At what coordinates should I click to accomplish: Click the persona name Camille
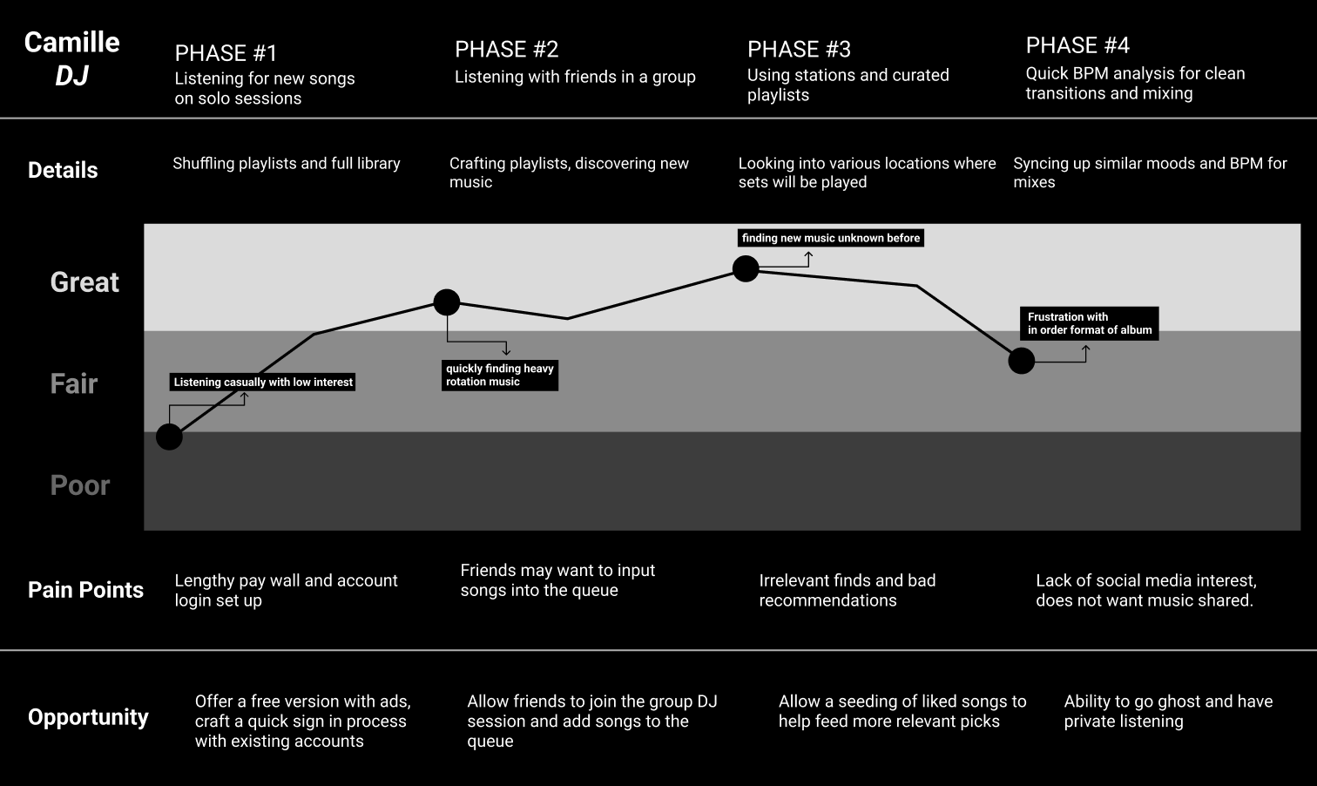click(72, 42)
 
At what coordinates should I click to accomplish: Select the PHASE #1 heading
click(226, 53)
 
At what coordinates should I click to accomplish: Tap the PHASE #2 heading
click(506, 50)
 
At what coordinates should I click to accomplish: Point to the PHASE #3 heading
click(799, 50)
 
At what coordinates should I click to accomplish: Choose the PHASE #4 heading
click(1077, 45)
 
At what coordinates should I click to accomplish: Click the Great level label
click(84, 282)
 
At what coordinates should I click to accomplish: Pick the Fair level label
click(74, 383)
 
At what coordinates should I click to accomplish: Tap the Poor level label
click(80, 485)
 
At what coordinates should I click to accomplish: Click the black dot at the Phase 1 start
click(169, 437)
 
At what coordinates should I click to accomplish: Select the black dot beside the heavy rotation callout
click(447, 302)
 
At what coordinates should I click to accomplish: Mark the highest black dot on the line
click(746, 268)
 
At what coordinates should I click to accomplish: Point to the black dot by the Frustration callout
click(1022, 361)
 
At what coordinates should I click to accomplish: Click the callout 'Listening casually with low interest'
click(263, 382)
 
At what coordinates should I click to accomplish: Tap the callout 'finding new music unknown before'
click(831, 238)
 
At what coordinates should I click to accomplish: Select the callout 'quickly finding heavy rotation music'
click(500, 376)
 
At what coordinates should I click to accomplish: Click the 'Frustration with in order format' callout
click(1089, 323)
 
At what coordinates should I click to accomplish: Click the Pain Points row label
click(85, 590)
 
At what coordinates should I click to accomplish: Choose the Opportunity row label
click(88, 717)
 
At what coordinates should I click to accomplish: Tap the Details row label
click(63, 171)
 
